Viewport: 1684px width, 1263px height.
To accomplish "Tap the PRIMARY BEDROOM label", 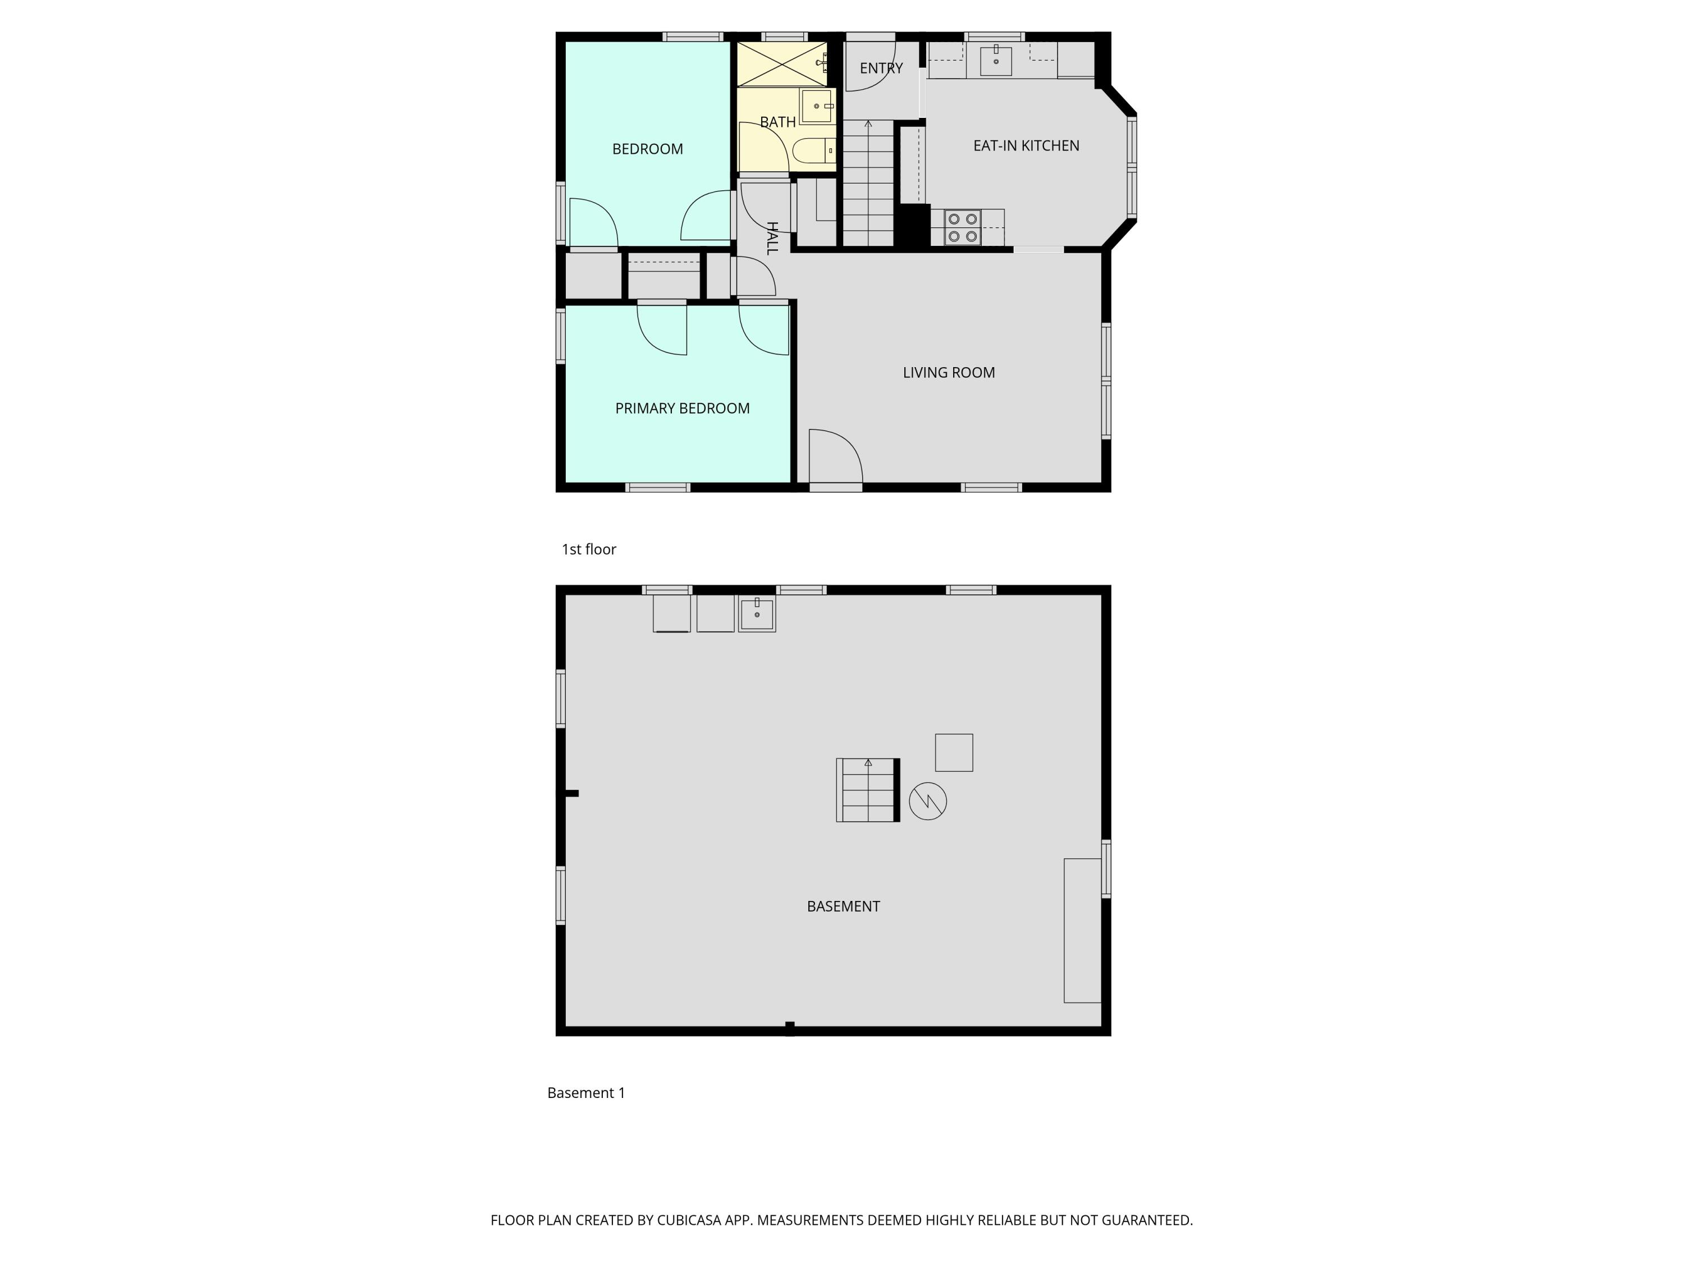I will pos(682,409).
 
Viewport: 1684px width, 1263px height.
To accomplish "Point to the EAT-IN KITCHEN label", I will pos(1026,146).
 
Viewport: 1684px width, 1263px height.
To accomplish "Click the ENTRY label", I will pos(881,68).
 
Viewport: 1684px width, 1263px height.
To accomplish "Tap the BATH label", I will pos(777,122).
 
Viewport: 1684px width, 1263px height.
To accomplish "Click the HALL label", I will pos(772,239).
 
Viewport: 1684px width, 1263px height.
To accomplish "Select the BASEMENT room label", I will pos(843,907).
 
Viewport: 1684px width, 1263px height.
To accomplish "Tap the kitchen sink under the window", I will pos(995,60).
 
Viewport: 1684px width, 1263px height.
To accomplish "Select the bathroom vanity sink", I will pos(817,106).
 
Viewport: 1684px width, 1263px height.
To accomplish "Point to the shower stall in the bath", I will pos(781,64).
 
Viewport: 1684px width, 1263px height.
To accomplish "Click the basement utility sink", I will pos(757,614).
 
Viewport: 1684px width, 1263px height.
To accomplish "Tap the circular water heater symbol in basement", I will pos(927,801).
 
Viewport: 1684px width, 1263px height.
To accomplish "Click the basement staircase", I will pos(868,790).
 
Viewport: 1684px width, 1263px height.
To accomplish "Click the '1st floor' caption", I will pos(588,550).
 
